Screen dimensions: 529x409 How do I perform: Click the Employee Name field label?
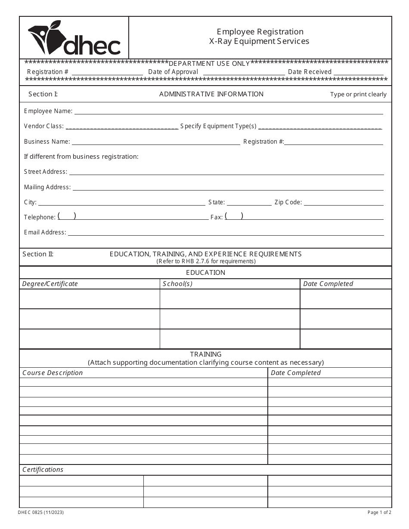(48, 111)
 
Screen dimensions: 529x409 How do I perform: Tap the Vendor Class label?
(44, 126)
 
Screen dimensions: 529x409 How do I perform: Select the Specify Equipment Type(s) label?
(218, 126)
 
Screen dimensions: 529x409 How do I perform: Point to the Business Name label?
(46, 141)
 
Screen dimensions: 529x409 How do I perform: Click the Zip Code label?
(288, 202)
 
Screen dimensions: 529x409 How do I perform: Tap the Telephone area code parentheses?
(67, 216)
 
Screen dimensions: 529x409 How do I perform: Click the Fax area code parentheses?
(234, 216)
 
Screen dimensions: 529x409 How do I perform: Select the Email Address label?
(45, 232)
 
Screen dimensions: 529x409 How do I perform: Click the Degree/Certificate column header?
(50, 284)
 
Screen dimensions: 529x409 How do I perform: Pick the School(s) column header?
(178, 284)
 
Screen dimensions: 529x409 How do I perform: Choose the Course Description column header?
(53, 373)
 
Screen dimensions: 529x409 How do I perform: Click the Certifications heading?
(43, 470)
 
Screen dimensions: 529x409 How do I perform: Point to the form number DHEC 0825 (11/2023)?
(41, 512)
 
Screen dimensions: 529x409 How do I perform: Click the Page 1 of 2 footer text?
(379, 512)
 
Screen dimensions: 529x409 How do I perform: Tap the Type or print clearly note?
(358, 95)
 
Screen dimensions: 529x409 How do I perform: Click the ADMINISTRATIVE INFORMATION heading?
(211, 94)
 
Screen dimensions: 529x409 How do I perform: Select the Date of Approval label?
(173, 72)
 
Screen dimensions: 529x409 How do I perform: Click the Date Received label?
(310, 72)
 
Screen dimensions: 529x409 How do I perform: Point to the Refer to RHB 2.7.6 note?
(206, 261)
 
